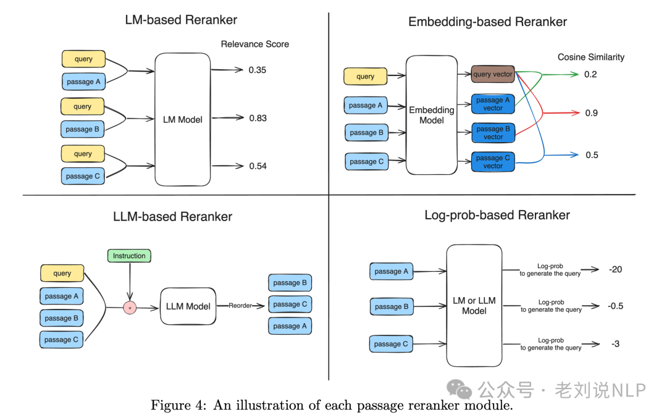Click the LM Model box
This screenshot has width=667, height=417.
coord(182,119)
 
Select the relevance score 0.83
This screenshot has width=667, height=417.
coord(258,118)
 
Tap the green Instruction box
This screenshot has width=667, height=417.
coord(129,256)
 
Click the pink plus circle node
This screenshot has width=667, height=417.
coord(130,307)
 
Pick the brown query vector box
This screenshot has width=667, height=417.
coord(493,74)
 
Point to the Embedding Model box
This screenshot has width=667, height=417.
coord(432,115)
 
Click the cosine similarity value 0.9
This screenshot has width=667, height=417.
coord(591,113)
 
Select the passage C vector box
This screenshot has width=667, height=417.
coord(493,162)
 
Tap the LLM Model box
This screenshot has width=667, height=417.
coord(188,306)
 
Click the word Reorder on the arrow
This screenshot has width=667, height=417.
coord(240,306)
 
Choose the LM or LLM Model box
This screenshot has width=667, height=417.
coord(474,306)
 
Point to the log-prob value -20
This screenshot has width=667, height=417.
coord(615,269)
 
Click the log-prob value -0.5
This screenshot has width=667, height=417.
coord(615,306)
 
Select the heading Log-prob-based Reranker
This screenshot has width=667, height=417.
coord(497,215)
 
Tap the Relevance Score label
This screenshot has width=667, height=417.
coord(254,44)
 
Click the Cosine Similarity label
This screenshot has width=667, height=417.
coord(590,57)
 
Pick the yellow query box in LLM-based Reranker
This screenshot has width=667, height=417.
coord(62,273)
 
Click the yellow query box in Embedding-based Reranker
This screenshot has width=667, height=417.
coord(365,77)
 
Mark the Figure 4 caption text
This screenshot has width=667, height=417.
coord(332,406)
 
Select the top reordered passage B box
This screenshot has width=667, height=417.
coord(290,283)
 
